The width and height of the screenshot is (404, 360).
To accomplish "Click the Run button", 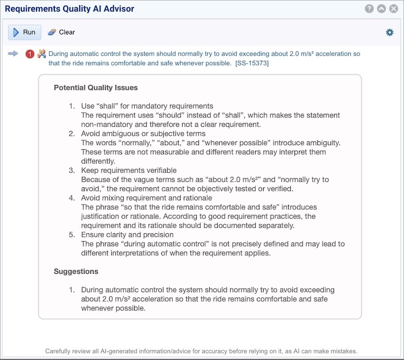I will pyautogui.click(x=25, y=32).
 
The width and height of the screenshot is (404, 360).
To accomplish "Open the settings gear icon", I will pyautogui.click(x=389, y=32).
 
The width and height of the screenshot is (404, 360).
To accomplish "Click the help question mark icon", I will pyautogui.click(x=369, y=9).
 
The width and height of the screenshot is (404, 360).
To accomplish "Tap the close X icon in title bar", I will pyautogui.click(x=393, y=9).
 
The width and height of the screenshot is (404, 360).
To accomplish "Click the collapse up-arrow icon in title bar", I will pyautogui.click(x=381, y=9).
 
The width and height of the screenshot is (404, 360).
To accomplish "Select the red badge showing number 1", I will pyautogui.click(x=30, y=54).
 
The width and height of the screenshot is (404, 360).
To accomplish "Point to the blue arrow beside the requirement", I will pyautogui.click(x=14, y=53).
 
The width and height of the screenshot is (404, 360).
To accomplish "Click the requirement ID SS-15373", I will pyautogui.click(x=252, y=63).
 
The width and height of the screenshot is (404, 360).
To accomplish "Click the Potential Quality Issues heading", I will pyautogui.click(x=96, y=88).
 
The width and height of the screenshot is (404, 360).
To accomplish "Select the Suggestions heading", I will pyautogui.click(x=76, y=271).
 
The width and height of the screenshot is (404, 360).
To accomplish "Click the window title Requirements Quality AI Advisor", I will pyautogui.click(x=69, y=9).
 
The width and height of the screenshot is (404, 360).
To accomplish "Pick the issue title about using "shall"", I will pyautogui.click(x=147, y=106).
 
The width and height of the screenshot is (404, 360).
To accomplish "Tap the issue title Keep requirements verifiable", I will pyautogui.click(x=129, y=170).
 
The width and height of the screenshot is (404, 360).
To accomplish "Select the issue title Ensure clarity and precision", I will pyautogui.click(x=127, y=235).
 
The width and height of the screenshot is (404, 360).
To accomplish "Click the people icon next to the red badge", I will pyautogui.click(x=42, y=54).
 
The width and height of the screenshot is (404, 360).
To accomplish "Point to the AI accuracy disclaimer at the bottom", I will pyautogui.click(x=201, y=351).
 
